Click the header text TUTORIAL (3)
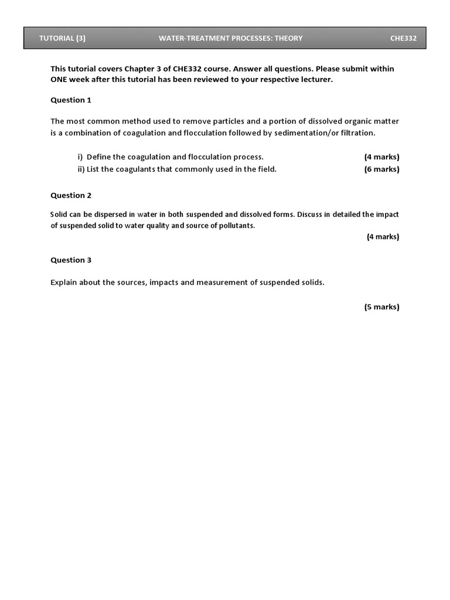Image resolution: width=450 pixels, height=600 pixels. pos(62,39)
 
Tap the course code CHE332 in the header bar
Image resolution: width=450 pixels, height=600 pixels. pos(404,39)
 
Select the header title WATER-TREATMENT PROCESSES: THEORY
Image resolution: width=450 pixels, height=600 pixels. pos(230,39)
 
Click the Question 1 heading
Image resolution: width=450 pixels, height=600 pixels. pos(71,100)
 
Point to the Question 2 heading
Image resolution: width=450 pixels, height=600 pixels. pos(71,196)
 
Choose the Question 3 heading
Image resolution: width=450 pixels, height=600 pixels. pos(71,260)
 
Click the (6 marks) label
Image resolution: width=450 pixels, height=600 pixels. pos(381,169)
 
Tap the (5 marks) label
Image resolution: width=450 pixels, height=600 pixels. pos(381,307)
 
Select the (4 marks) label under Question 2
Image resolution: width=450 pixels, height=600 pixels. pos(383,237)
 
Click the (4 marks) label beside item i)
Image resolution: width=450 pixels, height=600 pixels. pos(381,157)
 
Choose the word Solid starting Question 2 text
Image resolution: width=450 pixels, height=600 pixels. pos(59,214)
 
